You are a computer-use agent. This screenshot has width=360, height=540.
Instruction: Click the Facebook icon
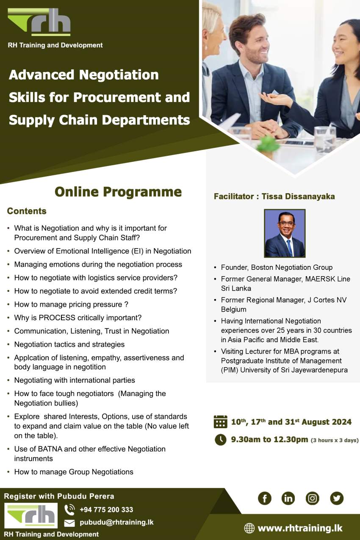(x=264, y=498)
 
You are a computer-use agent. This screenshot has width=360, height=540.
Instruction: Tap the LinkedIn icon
(x=288, y=498)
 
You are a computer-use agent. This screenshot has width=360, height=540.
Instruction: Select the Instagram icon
(x=312, y=498)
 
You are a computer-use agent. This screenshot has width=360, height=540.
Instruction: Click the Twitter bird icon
(x=337, y=498)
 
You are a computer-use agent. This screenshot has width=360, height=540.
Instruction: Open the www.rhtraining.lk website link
(x=300, y=528)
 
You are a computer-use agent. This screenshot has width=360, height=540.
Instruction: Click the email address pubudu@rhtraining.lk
(x=116, y=522)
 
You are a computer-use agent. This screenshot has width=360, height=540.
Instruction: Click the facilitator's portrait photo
(x=285, y=233)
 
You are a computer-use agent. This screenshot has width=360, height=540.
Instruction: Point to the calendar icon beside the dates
(x=220, y=422)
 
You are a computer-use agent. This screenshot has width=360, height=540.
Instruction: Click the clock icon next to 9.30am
(x=220, y=440)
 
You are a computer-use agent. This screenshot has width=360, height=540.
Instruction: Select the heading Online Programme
(x=118, y=192)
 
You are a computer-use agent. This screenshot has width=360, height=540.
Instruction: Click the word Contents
(x=27, y=211)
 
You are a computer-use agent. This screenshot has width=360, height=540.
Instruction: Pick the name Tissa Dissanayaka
(x=298, y=197)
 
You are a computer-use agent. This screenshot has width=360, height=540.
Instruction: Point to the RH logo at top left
(x=39, y=22)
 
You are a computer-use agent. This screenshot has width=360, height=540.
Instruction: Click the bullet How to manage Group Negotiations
(x=74, y=472)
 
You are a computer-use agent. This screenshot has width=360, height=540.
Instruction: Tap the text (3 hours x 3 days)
(x=335, y=440)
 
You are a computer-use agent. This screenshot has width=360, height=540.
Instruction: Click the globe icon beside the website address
(x=249, y=528)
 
